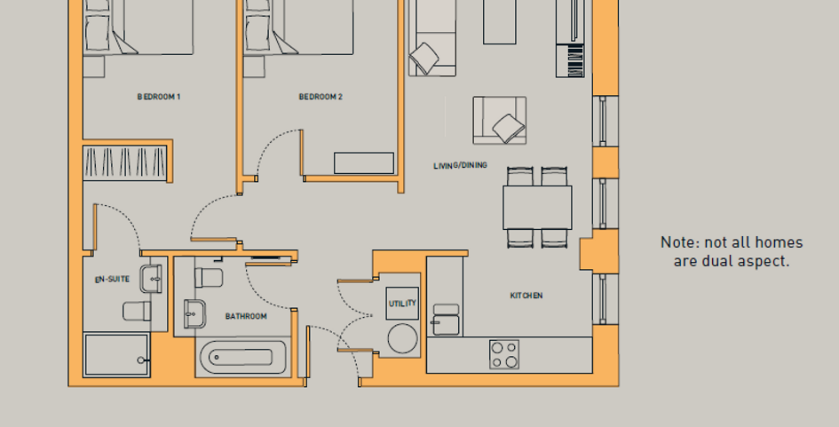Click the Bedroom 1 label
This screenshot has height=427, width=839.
click(159, 97)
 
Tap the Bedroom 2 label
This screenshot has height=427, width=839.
click(321, 97)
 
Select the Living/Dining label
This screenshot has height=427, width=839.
click(460, 165)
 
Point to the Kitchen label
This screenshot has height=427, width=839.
click(526, 296)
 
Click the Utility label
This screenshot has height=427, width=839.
click(402, 304)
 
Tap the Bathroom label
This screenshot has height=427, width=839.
click(246, 316)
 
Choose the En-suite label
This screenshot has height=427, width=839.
click(113, 280)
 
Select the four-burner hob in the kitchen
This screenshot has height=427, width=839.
click(504, 354)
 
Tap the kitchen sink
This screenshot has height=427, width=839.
click(446, 320)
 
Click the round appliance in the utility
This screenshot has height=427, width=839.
click(402, 339)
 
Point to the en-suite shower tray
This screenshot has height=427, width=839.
click(116, 355)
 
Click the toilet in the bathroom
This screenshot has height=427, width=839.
click(209, 278)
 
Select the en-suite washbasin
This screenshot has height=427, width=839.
click(151, 279)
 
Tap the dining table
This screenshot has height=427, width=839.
click(537, 208)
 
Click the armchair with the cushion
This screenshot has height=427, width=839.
click(500, 121)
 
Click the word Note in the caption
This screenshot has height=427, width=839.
click(679, 242)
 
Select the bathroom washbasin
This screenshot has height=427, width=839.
click(194, 313)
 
